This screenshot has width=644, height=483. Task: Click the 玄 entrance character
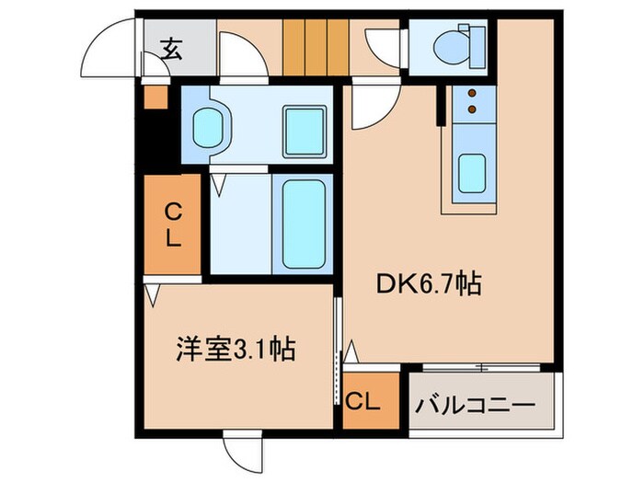click(x=173, y=48)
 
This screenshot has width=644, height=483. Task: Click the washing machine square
click(x=305, y=129)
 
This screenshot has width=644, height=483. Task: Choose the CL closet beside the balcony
click(x=364, y=401)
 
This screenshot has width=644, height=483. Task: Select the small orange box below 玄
click(x=155, y=97)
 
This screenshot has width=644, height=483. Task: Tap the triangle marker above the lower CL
click(x=351, y=352)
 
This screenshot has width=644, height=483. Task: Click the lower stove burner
click(x=472, y=110)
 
